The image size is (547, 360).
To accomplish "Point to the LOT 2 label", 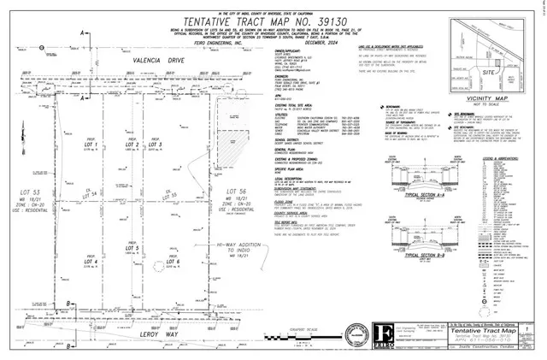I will click(132, 145).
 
